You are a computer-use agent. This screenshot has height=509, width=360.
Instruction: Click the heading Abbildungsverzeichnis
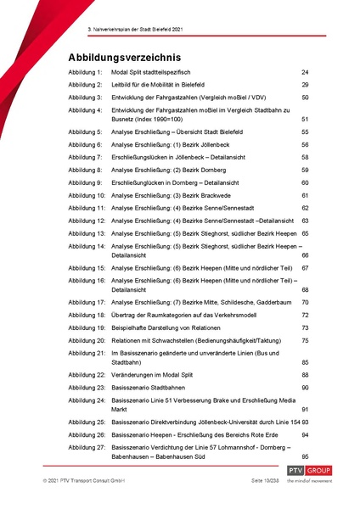point(132,57)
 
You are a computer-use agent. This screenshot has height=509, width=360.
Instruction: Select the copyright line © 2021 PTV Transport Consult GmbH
point(84,503)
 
